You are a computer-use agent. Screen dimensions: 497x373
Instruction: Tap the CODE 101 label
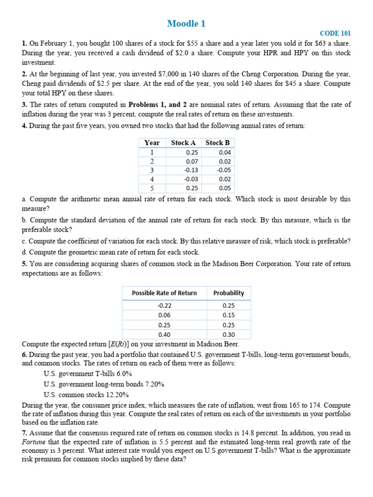click(335, 33)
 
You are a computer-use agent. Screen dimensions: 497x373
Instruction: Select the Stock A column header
click(183, 143)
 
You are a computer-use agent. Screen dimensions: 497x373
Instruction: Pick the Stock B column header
click(218, 143)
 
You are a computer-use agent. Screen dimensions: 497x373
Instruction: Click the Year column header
click(152, 143)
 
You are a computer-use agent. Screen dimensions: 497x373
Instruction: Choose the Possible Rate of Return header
click(165, 293)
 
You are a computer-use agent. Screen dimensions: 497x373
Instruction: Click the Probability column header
click(228, 293)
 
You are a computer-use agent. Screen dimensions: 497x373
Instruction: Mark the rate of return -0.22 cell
click(165, 306)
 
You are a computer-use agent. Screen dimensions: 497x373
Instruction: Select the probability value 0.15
click(228, 315)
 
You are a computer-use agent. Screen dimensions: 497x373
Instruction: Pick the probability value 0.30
click(228, 334)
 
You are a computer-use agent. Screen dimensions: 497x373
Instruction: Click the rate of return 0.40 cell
click(165, 334)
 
